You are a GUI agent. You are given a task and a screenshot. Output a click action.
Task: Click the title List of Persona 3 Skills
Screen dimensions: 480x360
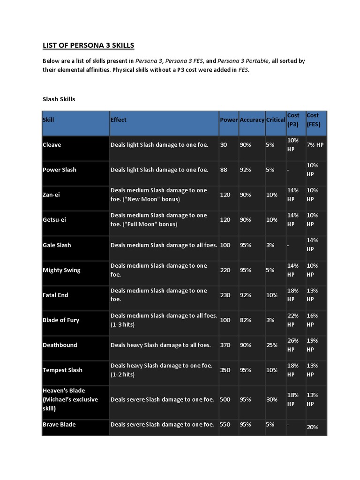(89, 45)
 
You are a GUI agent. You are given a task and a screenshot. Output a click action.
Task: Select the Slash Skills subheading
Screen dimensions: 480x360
(59, 99)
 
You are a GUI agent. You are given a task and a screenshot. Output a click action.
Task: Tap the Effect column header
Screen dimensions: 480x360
(119, 120)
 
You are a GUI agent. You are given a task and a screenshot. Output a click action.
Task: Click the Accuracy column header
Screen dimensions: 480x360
(252, 120)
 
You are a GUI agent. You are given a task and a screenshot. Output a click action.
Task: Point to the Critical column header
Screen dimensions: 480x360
(276, 120)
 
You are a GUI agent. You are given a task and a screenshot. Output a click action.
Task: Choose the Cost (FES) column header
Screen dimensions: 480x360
(313, 120)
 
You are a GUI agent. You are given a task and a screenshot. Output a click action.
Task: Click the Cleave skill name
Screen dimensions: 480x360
(52, 145)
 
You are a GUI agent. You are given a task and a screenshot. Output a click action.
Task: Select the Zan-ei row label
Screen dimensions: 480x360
(52, 195)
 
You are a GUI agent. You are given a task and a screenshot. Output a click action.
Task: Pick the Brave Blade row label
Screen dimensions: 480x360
(59, 424)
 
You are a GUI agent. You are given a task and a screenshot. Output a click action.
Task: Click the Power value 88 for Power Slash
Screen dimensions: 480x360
(224, 170)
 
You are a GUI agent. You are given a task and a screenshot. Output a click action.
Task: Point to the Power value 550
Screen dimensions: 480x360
(225, 424)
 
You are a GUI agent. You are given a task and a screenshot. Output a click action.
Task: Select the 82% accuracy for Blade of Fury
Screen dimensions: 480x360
(245, 320)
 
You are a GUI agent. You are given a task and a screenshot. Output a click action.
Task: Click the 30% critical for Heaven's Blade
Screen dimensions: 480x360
(271, 399)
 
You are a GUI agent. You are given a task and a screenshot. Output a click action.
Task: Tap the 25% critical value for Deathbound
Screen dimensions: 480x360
(271, 345)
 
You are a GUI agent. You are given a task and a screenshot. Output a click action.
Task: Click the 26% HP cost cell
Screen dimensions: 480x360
(293, 345)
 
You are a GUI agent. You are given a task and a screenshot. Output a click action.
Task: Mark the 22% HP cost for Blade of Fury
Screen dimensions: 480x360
(293, 320)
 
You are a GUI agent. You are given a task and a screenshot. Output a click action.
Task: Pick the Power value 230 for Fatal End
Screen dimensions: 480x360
(225, 295)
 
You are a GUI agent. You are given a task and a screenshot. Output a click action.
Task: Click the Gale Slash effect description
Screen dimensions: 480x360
(164, 245)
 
